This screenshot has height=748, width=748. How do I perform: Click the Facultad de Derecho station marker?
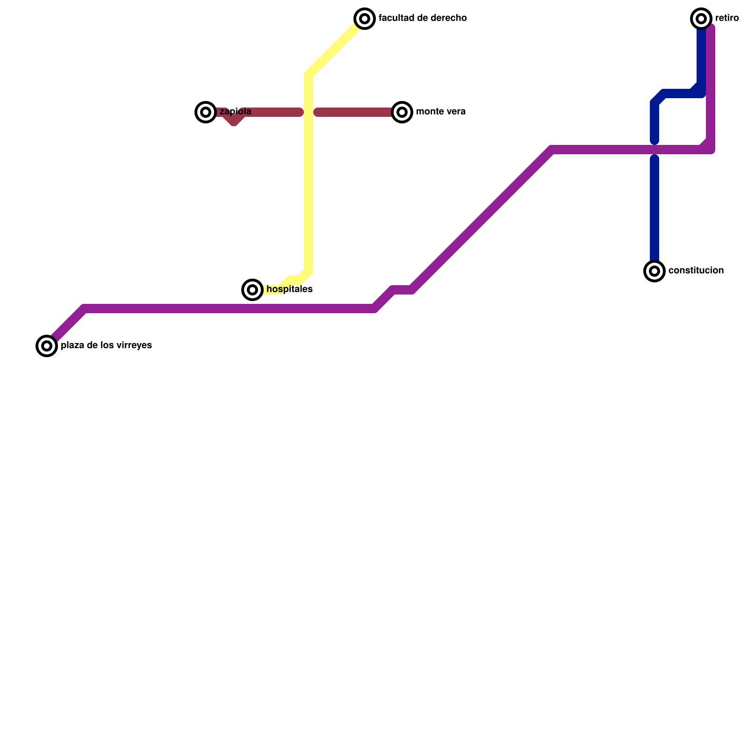coord(365,19)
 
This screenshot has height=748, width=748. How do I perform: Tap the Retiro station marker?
coord(701,19)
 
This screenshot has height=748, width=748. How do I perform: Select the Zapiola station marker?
coord(206,112)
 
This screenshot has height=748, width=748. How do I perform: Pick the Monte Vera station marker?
coord(402,112)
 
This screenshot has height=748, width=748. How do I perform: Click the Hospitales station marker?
coord(252,290)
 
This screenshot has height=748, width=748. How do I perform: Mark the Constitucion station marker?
coord(654,271)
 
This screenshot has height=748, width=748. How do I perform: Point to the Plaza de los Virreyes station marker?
coord(47,346)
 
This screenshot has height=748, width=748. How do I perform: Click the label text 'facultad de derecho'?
coord(423,18)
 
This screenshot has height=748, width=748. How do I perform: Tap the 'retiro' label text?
coord(727,18)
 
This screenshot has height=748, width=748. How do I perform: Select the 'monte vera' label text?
coord(440,112)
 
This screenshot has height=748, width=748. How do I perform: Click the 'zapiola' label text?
coord(235,112)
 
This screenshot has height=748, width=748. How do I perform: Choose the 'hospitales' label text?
coord(289,289)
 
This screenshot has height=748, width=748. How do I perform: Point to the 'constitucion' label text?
coord(696,271)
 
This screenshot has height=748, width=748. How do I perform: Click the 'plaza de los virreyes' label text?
coord(106,345)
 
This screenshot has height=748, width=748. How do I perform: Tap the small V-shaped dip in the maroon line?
coord(234,122)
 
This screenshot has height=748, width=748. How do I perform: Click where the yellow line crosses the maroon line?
coord(309,112)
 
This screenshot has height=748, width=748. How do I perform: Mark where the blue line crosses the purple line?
coord(654,150)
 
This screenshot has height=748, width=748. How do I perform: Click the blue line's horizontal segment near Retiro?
coord(680,93)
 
